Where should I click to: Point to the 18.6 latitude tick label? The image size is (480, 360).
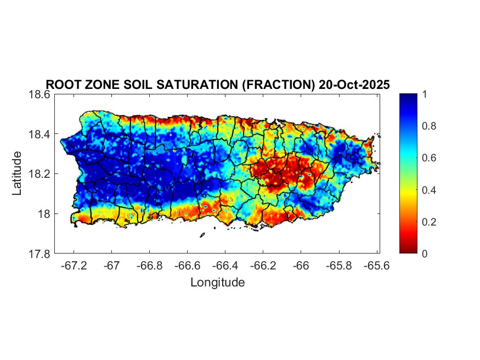click(x=39, y=94)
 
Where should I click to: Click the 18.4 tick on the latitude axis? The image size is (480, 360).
click(x=39, y=134)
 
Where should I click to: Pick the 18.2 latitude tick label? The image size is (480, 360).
click(x=39, y=174)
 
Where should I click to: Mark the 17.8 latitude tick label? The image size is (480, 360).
click(x=39, y=254)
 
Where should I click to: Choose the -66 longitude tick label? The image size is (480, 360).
click(x=301, y=266)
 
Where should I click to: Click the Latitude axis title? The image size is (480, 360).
click(x=18, y=173)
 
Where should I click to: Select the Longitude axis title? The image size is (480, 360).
click(x=217, y=283)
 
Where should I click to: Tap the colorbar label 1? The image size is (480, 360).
click(x=421, y=94)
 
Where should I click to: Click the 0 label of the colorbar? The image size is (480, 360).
click(x=421, y=254)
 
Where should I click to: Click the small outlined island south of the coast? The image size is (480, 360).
click(x=202, y=235)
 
